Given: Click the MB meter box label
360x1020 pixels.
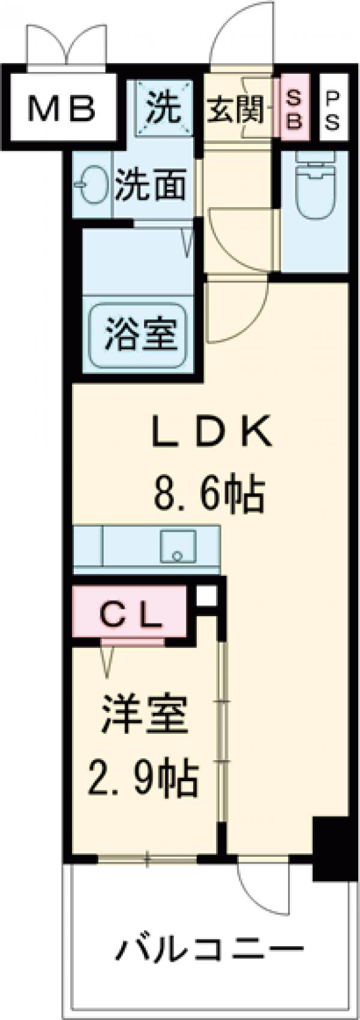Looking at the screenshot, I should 62,109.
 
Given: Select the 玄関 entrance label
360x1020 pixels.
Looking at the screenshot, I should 236,110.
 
